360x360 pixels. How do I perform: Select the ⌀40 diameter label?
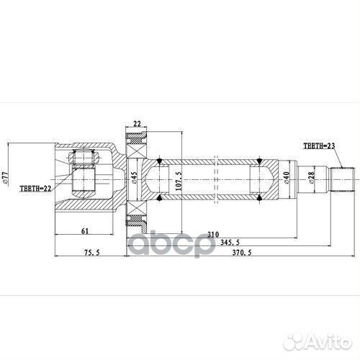[286, 177]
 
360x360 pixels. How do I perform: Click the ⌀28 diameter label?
[310, 177]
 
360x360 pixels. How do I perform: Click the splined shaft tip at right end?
[343, 177]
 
